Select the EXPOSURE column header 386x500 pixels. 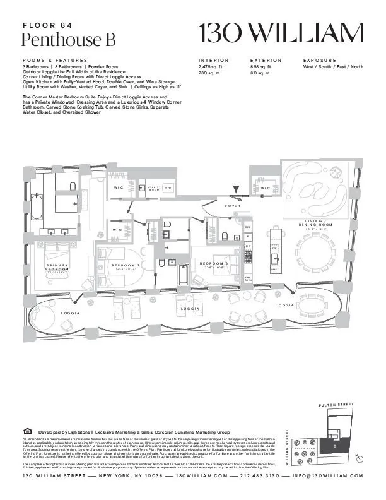coord(322,59)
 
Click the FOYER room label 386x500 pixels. coord(233,206)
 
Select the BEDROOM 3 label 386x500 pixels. coord(212,263)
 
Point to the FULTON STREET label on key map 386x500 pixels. coord(337,405)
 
